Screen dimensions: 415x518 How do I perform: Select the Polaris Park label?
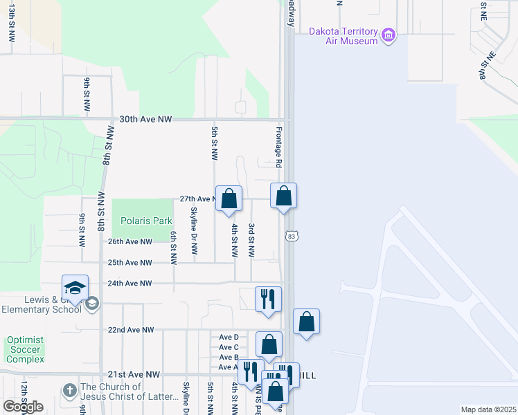pos(145,221)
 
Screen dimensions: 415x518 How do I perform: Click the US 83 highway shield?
pos(292,237)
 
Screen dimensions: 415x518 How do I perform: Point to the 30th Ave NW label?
pos(145,120)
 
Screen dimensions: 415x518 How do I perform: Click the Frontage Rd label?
pos(278,147)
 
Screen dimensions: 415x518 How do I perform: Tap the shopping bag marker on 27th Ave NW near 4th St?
pos(229,199)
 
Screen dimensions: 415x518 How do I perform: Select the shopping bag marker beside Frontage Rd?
pos(283,196)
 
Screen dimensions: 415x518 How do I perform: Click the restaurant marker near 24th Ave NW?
pos(268,299)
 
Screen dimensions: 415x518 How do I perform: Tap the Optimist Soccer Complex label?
pos(25,350)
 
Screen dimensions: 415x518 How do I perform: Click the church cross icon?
pos(69,391)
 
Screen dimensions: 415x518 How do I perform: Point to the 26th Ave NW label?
pos(129,242)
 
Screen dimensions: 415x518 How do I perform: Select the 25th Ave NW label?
pos(129,263)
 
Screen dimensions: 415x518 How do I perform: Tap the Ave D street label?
pos(229,338)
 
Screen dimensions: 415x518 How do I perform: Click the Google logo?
pos(23,407)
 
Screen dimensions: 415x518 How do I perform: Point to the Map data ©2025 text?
pos(488,409)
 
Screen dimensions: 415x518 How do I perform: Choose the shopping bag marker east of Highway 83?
pos(306,322)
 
